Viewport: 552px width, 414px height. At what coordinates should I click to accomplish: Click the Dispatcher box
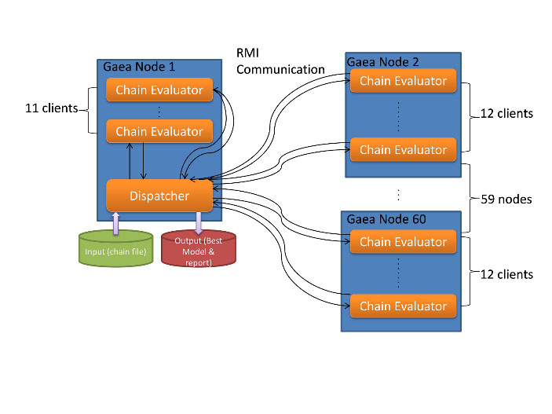tap(159, 196)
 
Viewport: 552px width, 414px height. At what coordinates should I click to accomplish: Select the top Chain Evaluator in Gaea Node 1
tap(159, 90)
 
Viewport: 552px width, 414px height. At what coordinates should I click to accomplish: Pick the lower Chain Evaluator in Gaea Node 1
tap(159, 131)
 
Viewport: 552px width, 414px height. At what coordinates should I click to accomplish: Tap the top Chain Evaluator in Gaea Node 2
tap(403, 81)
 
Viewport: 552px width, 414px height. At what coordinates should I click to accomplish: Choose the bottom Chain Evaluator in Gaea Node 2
tap(403, 149)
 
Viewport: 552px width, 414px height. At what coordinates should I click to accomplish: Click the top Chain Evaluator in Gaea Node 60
tap(403, 242)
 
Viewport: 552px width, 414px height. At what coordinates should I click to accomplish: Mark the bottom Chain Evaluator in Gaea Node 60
tap(403, 306)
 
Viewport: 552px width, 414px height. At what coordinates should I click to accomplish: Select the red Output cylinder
tap(199, 250)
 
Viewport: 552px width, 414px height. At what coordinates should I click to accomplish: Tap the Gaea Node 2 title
tap(383, 60)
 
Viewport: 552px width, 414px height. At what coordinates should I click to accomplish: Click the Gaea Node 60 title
tap(386, 219)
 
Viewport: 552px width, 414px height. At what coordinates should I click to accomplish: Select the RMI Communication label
tap(280, 61)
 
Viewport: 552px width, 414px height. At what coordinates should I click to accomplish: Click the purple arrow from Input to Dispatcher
tap(115, 222)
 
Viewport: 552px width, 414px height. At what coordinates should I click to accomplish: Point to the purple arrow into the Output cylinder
tap(199, 222)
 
